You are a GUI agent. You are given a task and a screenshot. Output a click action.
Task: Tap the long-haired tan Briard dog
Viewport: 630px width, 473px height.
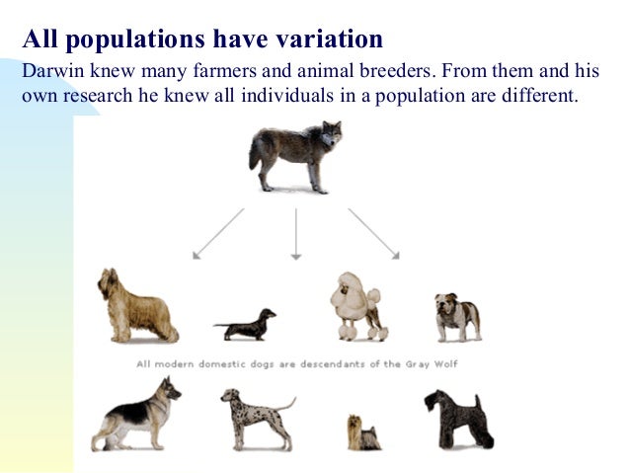coord(135,306)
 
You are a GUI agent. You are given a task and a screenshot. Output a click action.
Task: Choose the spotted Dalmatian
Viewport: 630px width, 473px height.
coord(252,414)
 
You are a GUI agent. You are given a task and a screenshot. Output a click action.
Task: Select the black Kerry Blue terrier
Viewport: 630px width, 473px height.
coord(456,416)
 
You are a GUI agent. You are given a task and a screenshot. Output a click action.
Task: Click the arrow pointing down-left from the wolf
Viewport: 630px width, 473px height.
coord(217,233)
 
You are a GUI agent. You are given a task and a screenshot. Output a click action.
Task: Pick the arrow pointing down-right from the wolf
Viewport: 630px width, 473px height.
coord(373,233)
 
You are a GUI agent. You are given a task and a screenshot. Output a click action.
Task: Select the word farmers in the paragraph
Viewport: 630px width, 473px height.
coord(233,72)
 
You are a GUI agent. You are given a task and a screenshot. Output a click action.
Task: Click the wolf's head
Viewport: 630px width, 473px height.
coord(328,134)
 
